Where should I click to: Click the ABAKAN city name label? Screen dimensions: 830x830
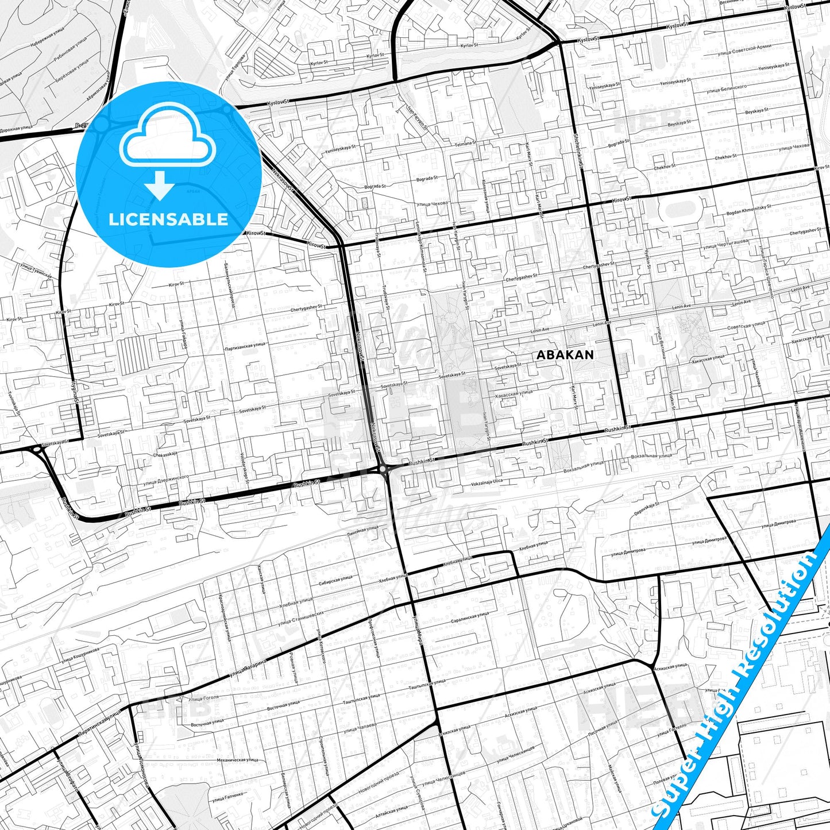(565, 355)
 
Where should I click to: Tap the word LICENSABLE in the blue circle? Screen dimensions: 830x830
(168, 219)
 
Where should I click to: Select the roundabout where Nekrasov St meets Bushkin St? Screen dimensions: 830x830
(383, 469)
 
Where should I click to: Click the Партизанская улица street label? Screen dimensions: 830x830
(245, 346)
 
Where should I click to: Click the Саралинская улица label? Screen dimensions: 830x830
(470, 615)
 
